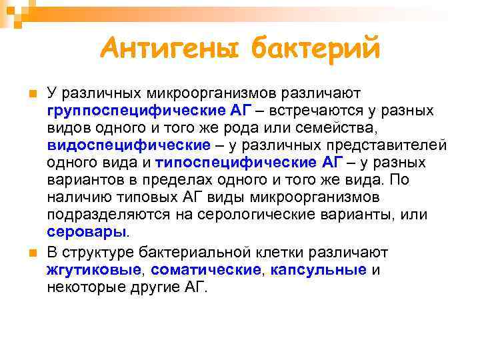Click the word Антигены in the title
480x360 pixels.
coord(170,48)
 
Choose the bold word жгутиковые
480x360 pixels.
coord(94,269)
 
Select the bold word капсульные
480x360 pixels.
coord(319,269)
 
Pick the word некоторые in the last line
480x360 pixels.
coord(82,287)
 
